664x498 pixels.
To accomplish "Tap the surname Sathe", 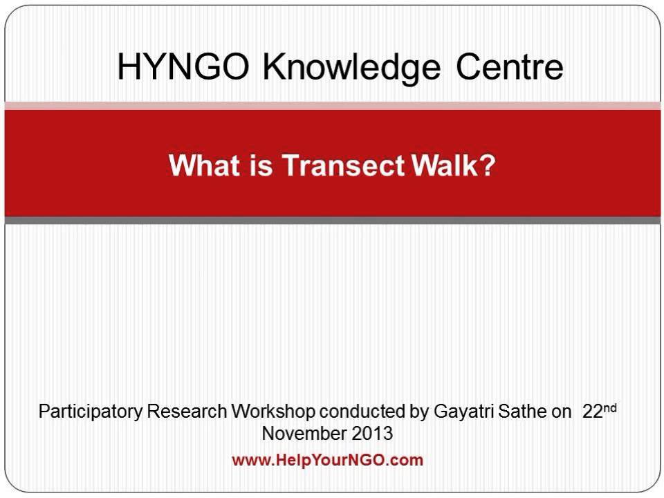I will [518, 412].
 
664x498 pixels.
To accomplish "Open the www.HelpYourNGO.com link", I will [327, 460].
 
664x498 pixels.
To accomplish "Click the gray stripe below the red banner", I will [332, 220].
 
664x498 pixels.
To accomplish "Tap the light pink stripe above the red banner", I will [332, 105].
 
